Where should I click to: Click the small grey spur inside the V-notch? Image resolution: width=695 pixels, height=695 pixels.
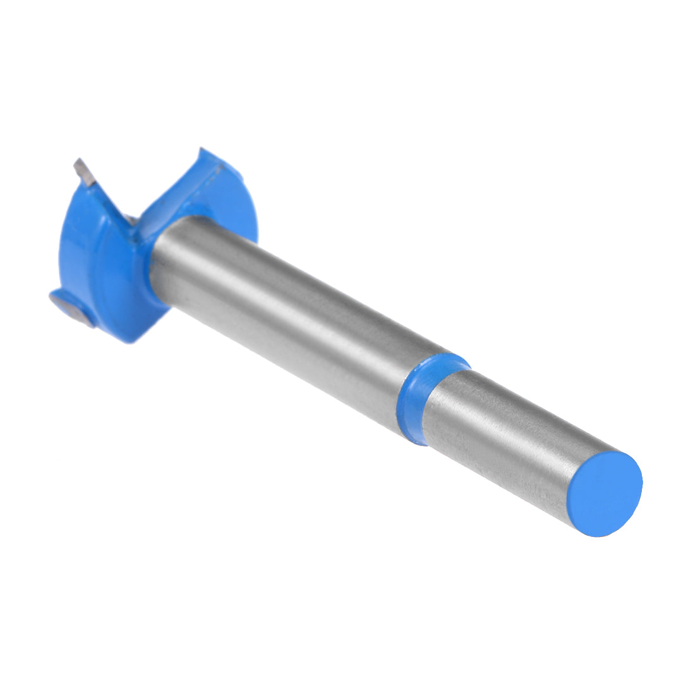[x=131, y=219]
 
